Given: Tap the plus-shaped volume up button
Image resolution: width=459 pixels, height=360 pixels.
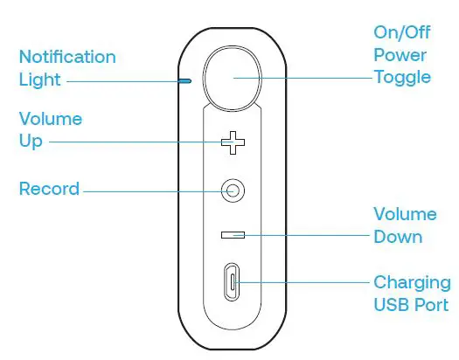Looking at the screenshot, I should (233, 142).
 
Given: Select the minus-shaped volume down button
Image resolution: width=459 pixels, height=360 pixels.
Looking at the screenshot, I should (233, 234).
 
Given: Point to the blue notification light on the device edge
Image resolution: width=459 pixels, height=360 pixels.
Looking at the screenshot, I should (185, 80).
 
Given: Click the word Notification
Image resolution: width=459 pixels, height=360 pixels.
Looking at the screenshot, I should (67, 58).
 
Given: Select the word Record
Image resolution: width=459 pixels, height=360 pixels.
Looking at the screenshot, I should (49, 189).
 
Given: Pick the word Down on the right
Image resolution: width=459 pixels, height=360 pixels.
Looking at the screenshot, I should (398, 237).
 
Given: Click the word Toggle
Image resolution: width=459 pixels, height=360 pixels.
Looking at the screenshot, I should (402, 77).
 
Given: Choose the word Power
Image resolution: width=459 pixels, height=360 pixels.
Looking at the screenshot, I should (400, 55).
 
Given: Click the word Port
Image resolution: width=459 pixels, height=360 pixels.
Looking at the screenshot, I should (431, 305).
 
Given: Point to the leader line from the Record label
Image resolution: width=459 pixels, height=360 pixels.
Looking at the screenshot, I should (149, 189).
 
